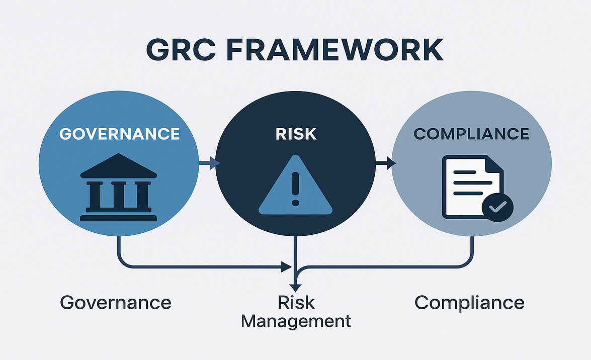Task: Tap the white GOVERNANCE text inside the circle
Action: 120,133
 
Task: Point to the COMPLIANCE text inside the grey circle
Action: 471,134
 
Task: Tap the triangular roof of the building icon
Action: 118,166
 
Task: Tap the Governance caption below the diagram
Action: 116,303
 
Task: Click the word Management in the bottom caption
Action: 296,320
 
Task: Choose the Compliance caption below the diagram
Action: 469,303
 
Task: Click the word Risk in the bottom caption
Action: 296,302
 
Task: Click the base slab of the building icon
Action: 118,218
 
